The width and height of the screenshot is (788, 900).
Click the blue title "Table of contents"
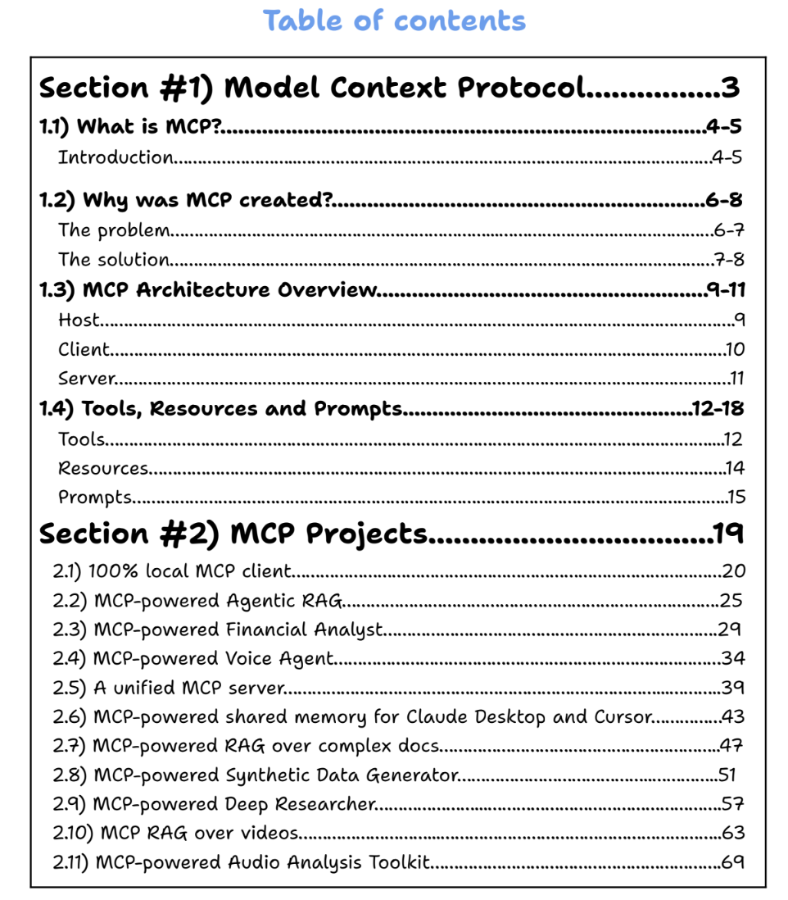394,20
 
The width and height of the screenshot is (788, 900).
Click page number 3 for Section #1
730,88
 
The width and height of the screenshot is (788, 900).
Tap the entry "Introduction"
115,157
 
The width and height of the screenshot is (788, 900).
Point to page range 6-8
723,201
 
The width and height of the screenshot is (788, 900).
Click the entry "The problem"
114,230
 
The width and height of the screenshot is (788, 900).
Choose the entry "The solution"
114,260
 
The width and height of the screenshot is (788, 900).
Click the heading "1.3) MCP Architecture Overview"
209,290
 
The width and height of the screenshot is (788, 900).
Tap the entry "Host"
79,320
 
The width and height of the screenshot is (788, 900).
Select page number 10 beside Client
735,350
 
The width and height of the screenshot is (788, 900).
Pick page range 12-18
718,408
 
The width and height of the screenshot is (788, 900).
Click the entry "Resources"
103,468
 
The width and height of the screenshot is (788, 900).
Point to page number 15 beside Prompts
736,498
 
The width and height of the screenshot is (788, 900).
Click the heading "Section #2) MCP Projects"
233,534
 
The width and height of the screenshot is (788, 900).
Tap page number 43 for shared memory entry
732,717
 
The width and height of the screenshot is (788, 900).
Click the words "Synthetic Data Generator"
340,775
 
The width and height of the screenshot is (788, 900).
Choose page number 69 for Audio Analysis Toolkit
732,862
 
